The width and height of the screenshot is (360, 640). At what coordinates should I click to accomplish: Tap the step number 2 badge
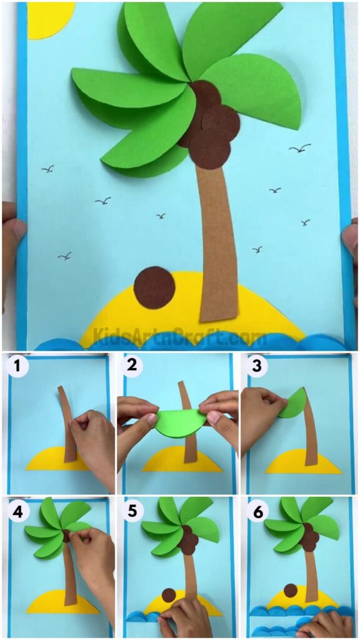131,367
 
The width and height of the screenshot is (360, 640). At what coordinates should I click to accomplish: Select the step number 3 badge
256,367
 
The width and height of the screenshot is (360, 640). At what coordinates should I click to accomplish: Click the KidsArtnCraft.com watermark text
180,337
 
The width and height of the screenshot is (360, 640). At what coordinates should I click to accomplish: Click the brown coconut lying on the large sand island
154,287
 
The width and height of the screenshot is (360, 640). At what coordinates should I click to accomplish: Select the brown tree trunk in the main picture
216,237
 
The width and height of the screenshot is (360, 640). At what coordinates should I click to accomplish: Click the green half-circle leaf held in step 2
178,423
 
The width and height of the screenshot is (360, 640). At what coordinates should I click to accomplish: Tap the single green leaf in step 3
292,404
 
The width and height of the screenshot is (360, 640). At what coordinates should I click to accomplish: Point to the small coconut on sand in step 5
167,595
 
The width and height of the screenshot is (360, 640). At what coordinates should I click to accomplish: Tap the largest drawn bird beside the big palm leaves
300,149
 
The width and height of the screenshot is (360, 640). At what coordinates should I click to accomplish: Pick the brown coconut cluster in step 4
67,536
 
